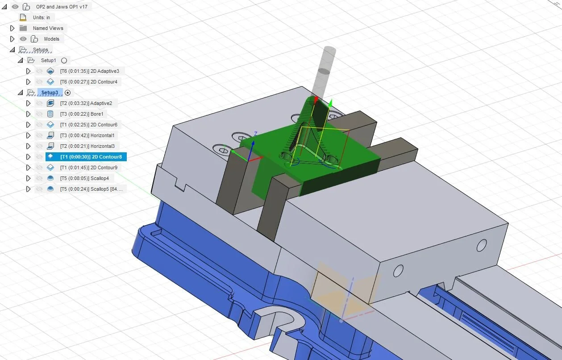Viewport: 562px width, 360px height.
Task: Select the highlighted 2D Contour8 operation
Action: pos(91,157)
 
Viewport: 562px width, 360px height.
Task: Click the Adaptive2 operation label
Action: pos(86,103)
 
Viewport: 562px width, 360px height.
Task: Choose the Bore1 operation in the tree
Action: pos(82,114)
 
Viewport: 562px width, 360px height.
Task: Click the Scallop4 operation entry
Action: pos(84,178)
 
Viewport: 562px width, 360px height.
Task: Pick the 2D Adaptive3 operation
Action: pos(90,71)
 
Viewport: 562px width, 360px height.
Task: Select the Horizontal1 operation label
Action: pos(87,136)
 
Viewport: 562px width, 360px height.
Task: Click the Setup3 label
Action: pos(50,92)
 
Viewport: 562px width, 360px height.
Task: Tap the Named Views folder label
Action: pos(48,28)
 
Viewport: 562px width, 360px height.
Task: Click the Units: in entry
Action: pos(42,17)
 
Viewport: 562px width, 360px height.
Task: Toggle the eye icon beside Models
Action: pos(23,39)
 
